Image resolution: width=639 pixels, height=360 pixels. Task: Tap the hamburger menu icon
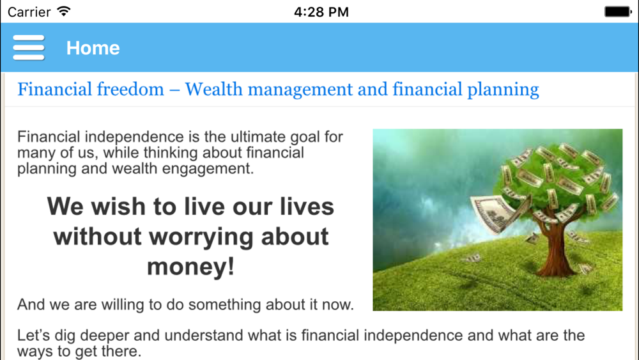[29, 48]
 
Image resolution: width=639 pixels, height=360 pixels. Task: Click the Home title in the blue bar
[93, 48]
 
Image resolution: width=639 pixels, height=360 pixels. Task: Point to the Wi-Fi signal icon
[63, 11]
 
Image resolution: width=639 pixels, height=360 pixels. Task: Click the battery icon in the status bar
[618, 12]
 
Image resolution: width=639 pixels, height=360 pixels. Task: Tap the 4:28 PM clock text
[321, 12]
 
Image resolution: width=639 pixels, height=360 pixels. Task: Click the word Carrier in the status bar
[29, 12]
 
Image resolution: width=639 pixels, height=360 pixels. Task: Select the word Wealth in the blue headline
[213, 90]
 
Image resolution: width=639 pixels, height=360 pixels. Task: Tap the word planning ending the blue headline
[503, 90]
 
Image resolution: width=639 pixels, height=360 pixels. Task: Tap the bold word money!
[190, 267]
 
